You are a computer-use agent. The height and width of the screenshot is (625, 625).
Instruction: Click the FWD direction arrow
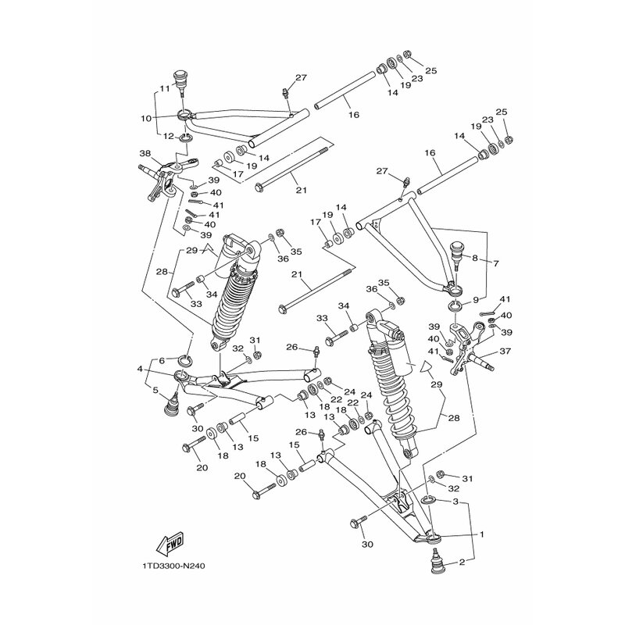[170, 544]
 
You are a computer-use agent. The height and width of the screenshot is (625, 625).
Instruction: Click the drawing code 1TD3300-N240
[173, 566]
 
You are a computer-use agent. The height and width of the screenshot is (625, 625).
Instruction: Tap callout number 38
[145, 153]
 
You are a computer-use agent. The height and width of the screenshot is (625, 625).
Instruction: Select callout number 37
[505, 351]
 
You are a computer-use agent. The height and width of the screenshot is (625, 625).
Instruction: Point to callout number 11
[165, 89]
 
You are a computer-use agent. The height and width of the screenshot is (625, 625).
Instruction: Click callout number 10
[146, 119]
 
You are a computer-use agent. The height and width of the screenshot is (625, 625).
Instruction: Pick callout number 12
[170, 136]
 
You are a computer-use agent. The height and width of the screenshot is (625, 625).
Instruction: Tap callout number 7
[496, 263]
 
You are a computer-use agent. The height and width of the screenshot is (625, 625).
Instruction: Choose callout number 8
[475, 258]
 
